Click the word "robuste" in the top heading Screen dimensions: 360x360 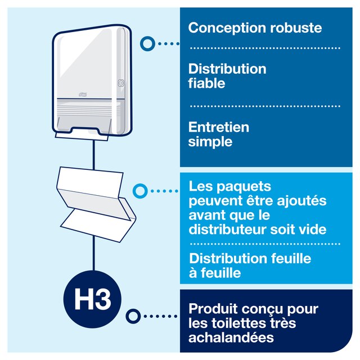(x=296, y=28)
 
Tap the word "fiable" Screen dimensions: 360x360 (x=206, y=83)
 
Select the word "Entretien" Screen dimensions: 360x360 (x=219, y=127)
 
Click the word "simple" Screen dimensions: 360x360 (x=210, y=142)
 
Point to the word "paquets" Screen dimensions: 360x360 (x=244, y=187)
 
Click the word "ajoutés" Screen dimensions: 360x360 (x=301, y=201)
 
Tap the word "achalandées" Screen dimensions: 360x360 (x=231, y=337)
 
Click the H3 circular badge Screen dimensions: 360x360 (x=92, y=299)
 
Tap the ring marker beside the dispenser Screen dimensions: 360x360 (x=147, y=44)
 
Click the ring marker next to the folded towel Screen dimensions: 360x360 (x=140, y=191)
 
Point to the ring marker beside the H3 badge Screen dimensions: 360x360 (x=133, y=316)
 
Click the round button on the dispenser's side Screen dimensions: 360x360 (x=121, y=83)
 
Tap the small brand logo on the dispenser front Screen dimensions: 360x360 (x=83, y=94)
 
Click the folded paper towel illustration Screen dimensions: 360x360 (x=96, y=204)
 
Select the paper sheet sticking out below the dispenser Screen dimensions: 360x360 (x=82, y=136)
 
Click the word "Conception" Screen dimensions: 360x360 (x=227, y=29)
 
